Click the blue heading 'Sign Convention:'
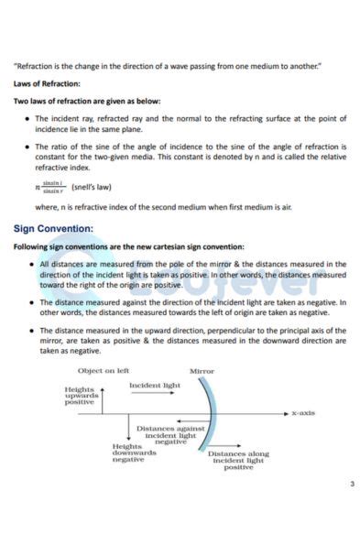(53, 228)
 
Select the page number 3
(351, 484)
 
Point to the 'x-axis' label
(303, 413)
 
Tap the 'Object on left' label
(104, 371)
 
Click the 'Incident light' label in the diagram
(154, 386)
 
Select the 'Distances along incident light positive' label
(238, 460)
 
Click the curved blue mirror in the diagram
(214, 412)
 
